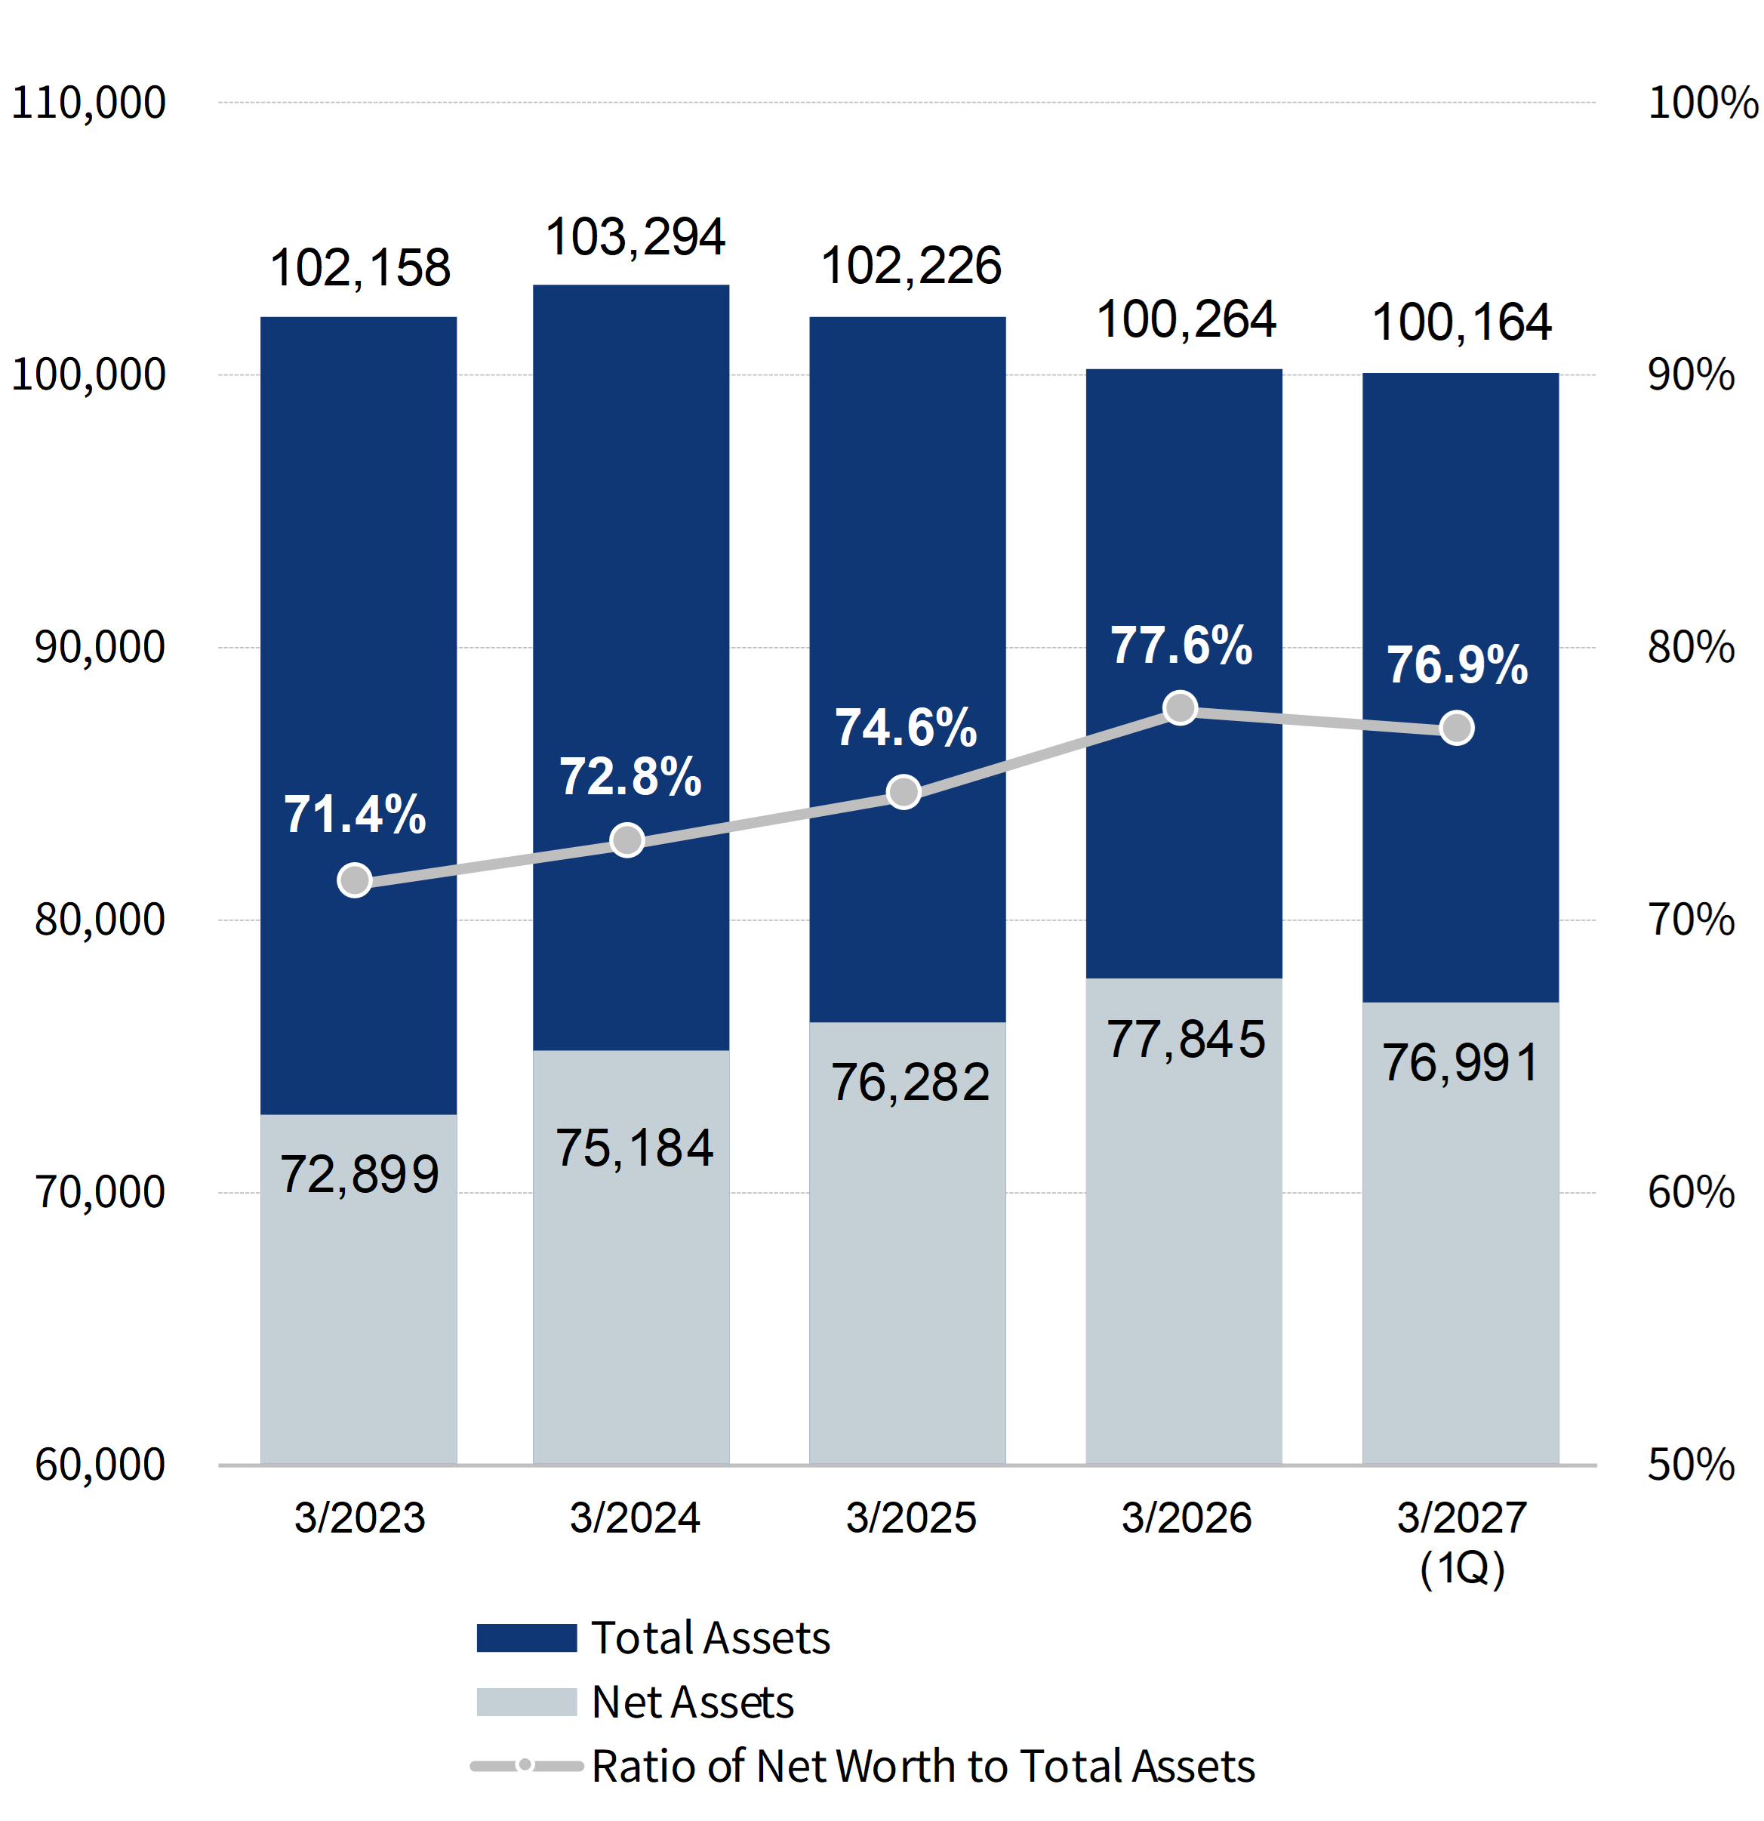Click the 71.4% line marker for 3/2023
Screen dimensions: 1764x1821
click(355, 880)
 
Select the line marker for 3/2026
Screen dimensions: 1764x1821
click(1181, 708)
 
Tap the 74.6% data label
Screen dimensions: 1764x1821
click(907, 728)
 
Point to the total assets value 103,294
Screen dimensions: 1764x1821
click(636, 237)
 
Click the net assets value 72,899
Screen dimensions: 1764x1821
click(359, 1174)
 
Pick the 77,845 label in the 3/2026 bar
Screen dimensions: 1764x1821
click(1187, 1039)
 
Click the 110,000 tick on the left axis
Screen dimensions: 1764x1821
click(88, 102)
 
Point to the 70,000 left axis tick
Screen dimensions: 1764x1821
click(100, 1192)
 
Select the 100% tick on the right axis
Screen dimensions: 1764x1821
click(1703, 102)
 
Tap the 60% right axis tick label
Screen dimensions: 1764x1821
click(1691, 1192)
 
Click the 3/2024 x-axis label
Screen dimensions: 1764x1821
click(636, 1518)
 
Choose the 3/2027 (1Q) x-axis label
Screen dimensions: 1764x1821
click(1462, 1542)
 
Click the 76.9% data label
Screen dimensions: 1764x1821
click(1458, 665)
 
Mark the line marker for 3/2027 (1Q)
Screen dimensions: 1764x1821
click(1458, 728)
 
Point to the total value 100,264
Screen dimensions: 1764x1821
click(1187, 321)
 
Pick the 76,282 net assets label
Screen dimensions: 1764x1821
click(910, 1083)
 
